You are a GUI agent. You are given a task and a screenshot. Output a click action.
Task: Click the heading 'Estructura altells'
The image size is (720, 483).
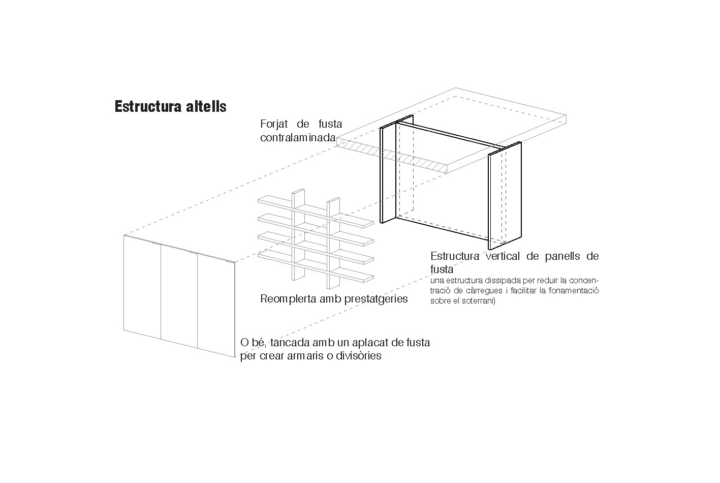[170, 106]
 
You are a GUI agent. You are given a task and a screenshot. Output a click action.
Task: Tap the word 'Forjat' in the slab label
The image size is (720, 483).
[274, 124]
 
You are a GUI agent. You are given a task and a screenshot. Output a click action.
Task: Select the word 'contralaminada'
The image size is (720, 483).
[298, 138]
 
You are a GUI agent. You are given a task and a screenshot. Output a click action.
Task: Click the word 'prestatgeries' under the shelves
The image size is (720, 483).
[375, 299]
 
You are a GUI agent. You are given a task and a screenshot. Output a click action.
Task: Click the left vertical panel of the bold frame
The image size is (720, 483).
[388, 174]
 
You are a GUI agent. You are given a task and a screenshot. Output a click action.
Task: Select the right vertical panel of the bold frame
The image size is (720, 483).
[505, 196]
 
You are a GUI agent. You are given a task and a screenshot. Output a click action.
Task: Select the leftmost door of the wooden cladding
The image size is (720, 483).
[142, 287]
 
